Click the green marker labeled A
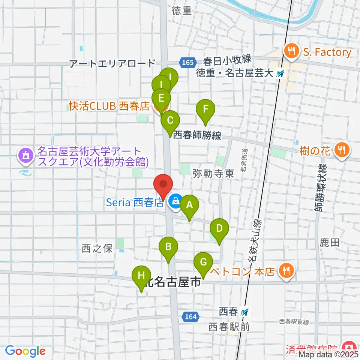[189, 205]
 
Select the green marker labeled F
[205, 110]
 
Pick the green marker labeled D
[219, 228]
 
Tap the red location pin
[163, 185]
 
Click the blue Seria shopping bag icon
[174, 202]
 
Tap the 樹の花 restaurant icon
[341, 150]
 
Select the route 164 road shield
[190, 317]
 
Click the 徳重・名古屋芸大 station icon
[280, 74]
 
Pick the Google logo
[25, 351]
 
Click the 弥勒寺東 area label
[213, 173]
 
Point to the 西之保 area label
[97, 248]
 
